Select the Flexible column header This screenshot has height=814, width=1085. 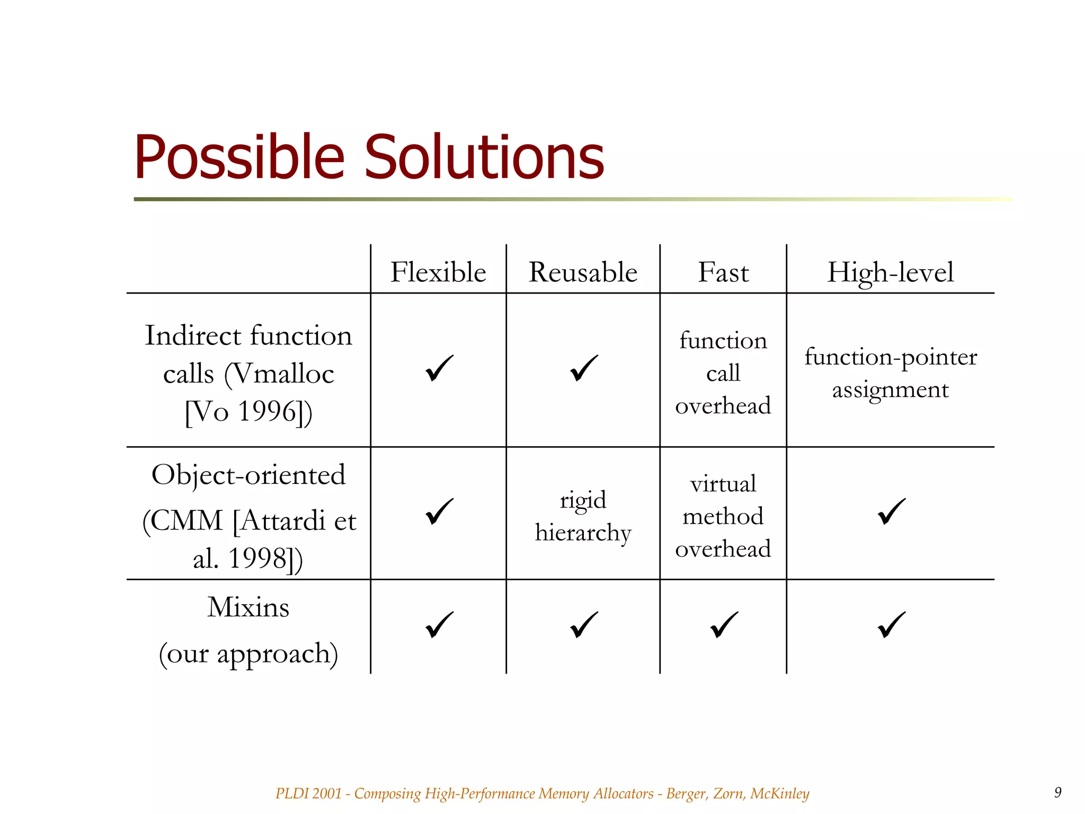click(438, 272)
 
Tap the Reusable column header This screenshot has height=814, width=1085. click(583, 272)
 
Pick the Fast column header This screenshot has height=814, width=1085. click(723, 272)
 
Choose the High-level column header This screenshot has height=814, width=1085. click(890, 272)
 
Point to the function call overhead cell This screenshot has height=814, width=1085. click(723, 373)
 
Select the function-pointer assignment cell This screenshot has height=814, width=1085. click(890, 373)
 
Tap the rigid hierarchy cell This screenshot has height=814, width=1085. click(583, 516)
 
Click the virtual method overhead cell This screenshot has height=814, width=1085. click(723, 516)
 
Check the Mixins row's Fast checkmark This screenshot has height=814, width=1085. click(724, 625)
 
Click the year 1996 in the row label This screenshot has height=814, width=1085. click(266, 411)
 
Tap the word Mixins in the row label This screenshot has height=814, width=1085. click(248, 607)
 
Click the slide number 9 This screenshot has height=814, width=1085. click(1057, 792)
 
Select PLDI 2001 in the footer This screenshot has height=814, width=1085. click(308, 793)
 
